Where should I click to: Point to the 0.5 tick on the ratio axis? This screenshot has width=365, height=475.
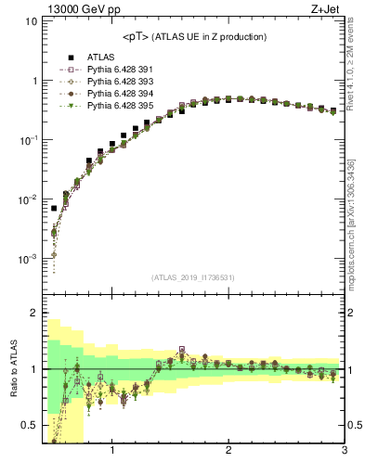[x=29, y=425]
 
